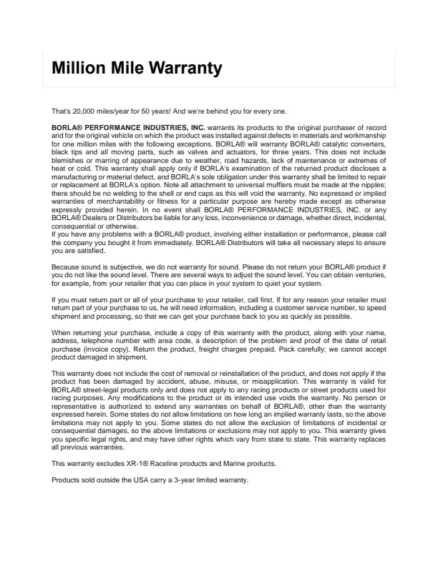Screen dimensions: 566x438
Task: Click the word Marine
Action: click(216, 464)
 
